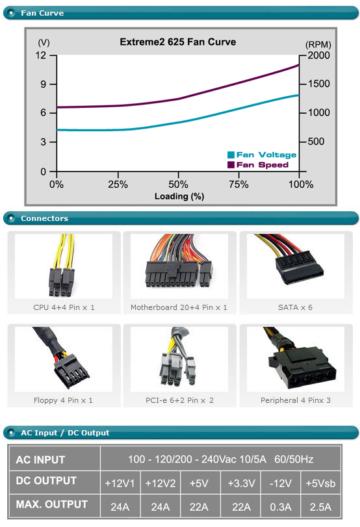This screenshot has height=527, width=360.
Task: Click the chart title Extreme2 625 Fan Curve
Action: pos(178,42)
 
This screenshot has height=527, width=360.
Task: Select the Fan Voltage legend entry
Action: pos(262,155)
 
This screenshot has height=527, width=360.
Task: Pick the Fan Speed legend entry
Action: pos(258,164)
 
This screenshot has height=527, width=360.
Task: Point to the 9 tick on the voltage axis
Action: pos(44,84)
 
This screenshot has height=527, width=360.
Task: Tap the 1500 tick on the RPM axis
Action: pos(318,84)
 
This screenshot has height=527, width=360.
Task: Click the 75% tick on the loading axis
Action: pos(238,184)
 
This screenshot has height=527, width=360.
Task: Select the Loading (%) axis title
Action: pos(179,196)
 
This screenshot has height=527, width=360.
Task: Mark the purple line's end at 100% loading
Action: pos(298,65)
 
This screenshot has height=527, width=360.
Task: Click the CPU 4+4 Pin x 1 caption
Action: pos(64,307)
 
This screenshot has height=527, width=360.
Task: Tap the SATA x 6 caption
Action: pos(295,307)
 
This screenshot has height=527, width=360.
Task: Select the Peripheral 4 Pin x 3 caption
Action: pos(296,400)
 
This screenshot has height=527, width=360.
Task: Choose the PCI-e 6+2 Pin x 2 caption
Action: pos(179,400)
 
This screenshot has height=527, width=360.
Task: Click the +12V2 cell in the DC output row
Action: pos(161,483)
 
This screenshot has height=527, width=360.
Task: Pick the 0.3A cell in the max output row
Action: pos(281,506)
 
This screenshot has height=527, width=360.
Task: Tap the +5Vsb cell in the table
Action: pos(320,483)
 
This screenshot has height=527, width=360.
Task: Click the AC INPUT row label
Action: pos(40,459)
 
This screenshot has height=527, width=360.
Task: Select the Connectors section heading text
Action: pos(44,218)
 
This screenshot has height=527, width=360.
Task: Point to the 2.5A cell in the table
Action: pos(320,506)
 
